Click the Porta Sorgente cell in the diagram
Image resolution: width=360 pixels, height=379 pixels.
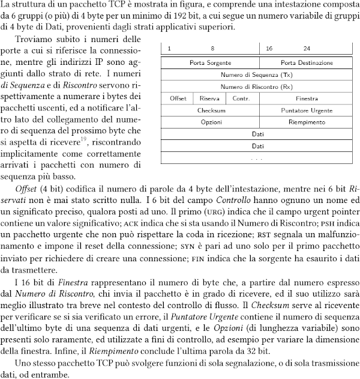[206, 62]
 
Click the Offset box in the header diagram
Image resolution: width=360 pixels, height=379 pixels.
[178, 98]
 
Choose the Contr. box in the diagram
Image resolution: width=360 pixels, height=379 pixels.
[241, 98]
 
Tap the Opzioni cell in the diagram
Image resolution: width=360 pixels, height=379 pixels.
[212, 121]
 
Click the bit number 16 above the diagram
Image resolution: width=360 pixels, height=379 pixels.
[269, 48]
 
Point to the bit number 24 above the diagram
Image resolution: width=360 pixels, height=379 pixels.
[307, 48]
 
